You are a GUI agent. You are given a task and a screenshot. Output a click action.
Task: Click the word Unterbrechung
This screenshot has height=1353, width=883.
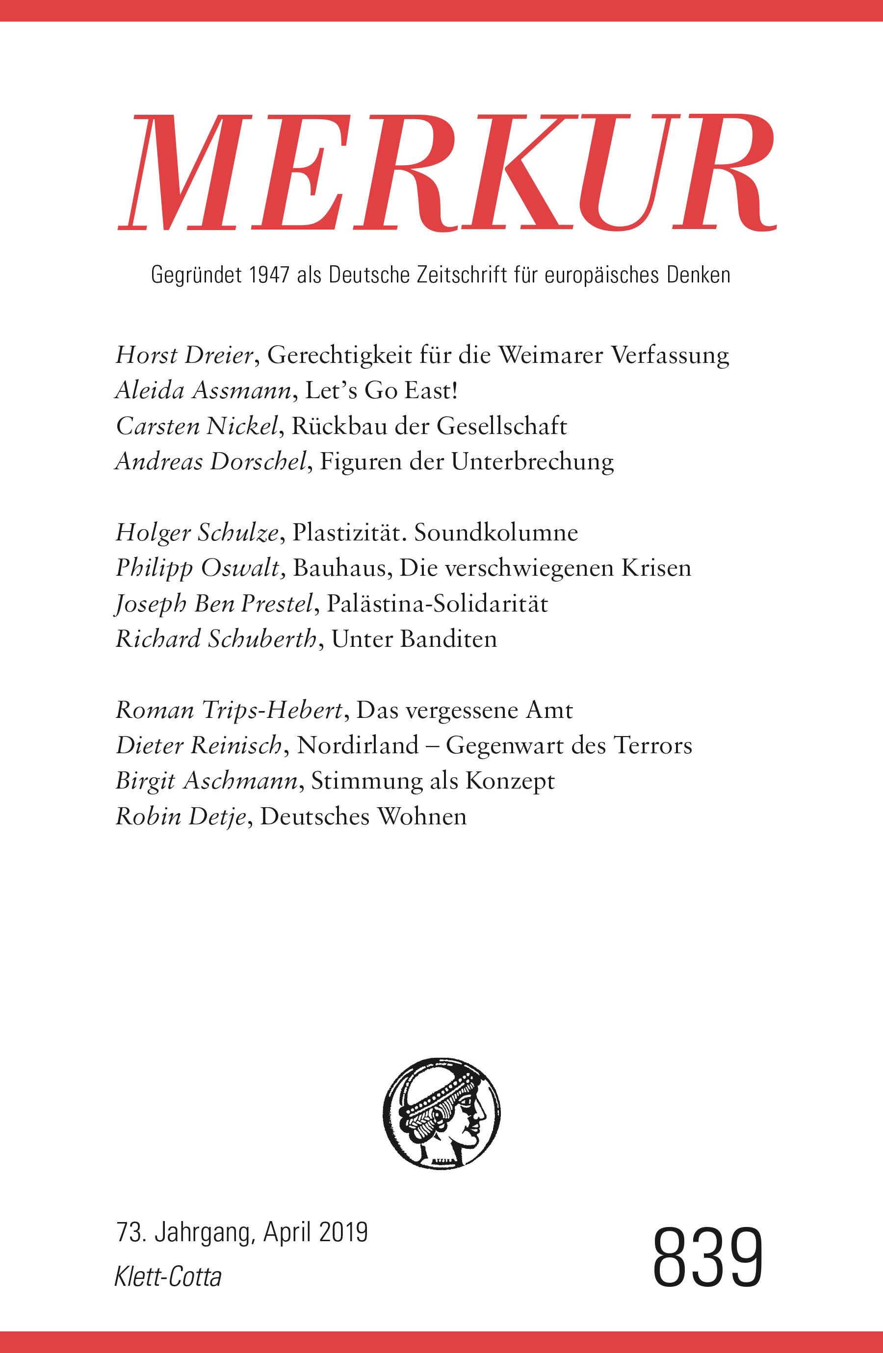533,461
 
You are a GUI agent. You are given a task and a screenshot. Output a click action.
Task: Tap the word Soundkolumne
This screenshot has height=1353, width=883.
496,533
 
